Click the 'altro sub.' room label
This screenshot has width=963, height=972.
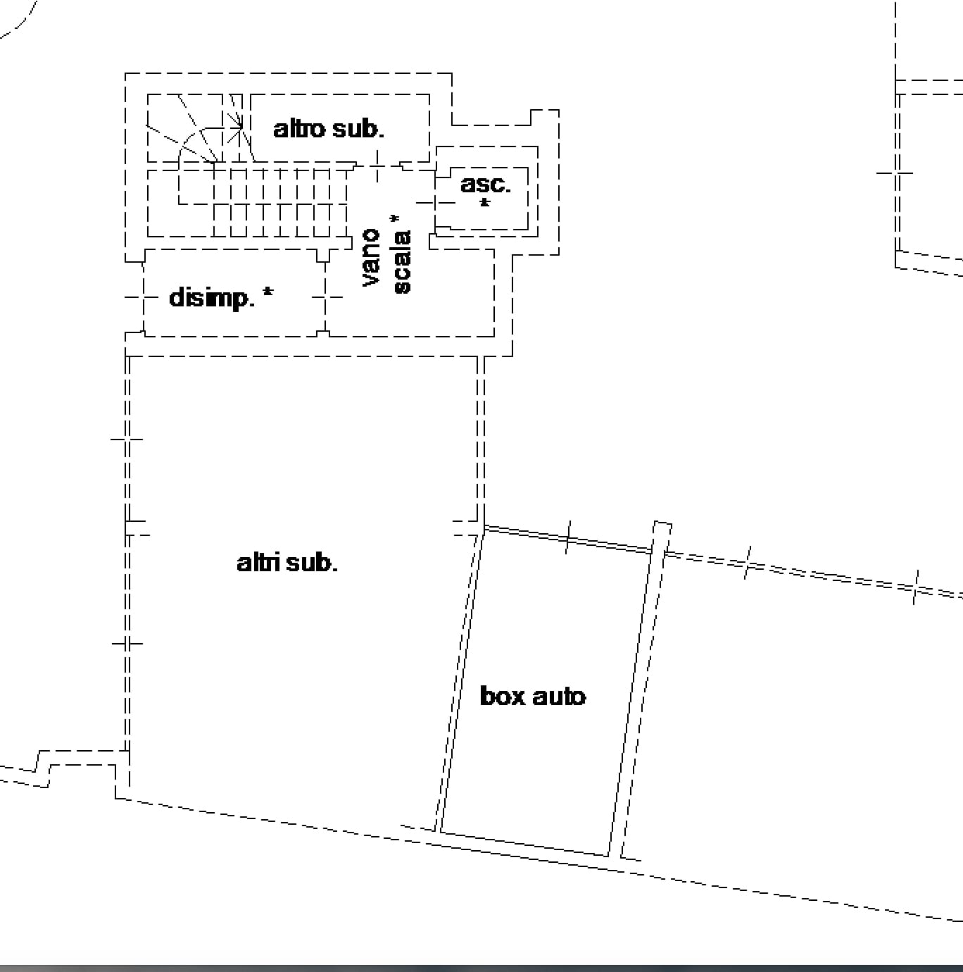point(329,129)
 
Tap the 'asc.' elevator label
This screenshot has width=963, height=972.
point(486,185)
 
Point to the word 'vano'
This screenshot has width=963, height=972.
point(370,257)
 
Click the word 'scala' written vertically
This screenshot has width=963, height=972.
point(402,262)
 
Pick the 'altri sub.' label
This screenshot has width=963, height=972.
point(287,562)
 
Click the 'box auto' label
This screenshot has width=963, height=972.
point(533,696)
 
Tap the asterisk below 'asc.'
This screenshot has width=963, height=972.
point(484,204)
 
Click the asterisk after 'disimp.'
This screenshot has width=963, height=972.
point(268,292)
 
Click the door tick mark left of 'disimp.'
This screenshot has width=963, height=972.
point(134,298)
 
